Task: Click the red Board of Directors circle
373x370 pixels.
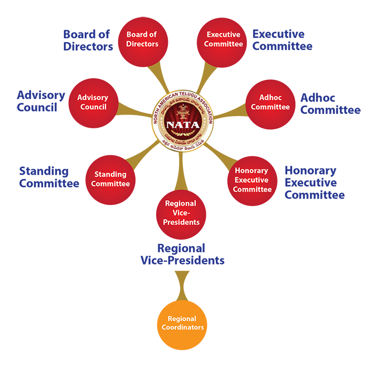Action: click(x=142, y=40)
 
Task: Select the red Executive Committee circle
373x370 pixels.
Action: click(x=222, y=40)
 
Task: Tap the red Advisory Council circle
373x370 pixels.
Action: click(x=93, y=103)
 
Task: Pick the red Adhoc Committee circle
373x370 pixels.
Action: click(x=270, y=103)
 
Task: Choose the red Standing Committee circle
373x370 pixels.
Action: click(x=110, y=179)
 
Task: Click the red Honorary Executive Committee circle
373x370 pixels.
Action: click(x=252, y=180)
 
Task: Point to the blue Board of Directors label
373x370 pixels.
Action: click(x=88, y=40)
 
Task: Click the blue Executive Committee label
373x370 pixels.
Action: click(x=282, y=40)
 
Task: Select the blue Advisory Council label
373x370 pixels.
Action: click(x=41, y=101)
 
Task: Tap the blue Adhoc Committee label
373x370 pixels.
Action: click(x=330, y=104)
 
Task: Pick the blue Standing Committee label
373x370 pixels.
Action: click(x=49, y=177)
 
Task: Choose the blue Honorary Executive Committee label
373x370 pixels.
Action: click(x=314, y=183)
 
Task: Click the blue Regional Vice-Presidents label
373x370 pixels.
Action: click(x=182, y=254)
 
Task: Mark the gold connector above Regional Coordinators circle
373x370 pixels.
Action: click(x=182, y=282)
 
